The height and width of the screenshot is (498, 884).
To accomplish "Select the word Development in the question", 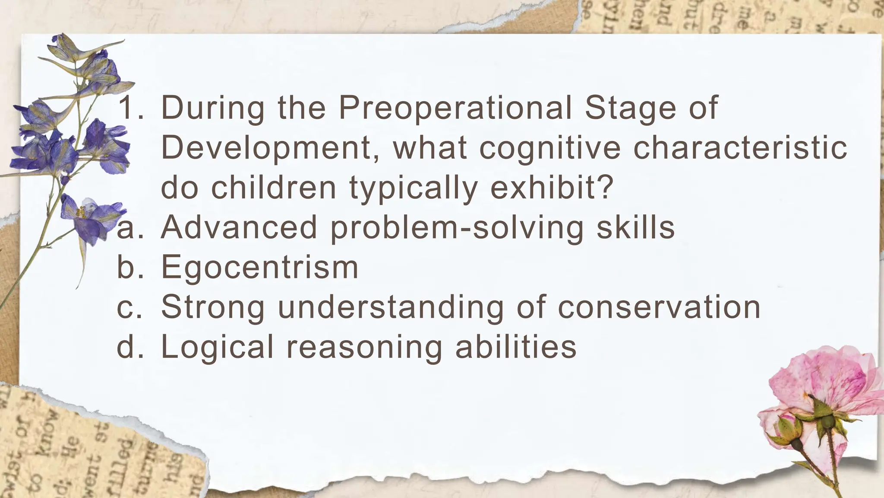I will (x=271, y=148).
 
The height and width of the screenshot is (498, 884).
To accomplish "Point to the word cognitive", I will (x=549, y=148).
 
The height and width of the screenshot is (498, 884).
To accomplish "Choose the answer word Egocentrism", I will (x=259, y=267).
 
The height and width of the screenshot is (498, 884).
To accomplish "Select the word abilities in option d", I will (x=516, y=347).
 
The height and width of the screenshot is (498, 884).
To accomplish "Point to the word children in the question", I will (x=273, y=188).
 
